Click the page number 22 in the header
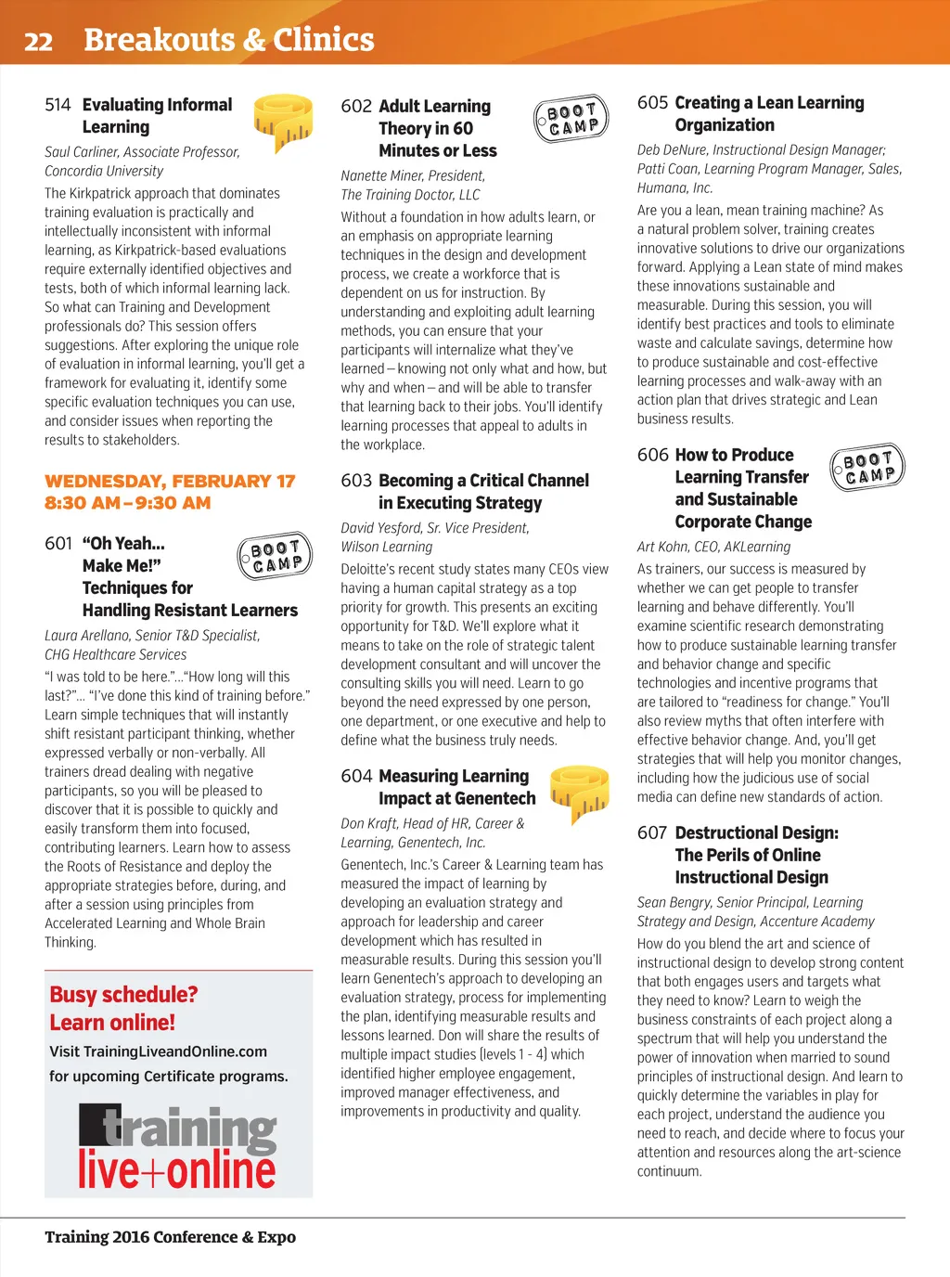pos(38,42)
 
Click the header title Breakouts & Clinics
pos(229,40)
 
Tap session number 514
pos(58,105)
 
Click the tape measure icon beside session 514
pos(283,122)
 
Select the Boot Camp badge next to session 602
pos(571,119)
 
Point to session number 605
pos(652,103)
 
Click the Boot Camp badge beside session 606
pos(867,466)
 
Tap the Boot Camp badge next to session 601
pos(275,556)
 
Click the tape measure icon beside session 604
pos(579,792)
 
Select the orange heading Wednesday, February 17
pos(170,481)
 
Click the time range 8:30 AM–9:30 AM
pos(128,503)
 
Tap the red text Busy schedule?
pos(123,994)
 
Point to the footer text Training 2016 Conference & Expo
pos(170,1237)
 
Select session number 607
pos(652,833)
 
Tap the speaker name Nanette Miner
pos(384,175)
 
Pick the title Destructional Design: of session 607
pos(756,833)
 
